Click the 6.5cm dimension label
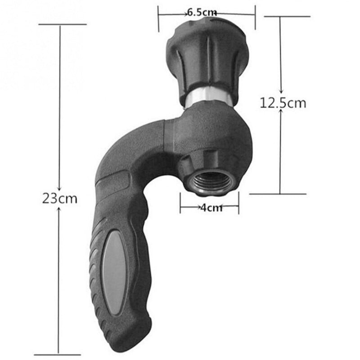[202, 13]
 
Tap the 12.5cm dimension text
[283, 103]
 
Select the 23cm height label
[60, 198]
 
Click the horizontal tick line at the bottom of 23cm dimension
[59, 353]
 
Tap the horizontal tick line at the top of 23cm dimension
[62, 24]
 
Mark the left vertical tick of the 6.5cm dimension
[158, 19]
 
